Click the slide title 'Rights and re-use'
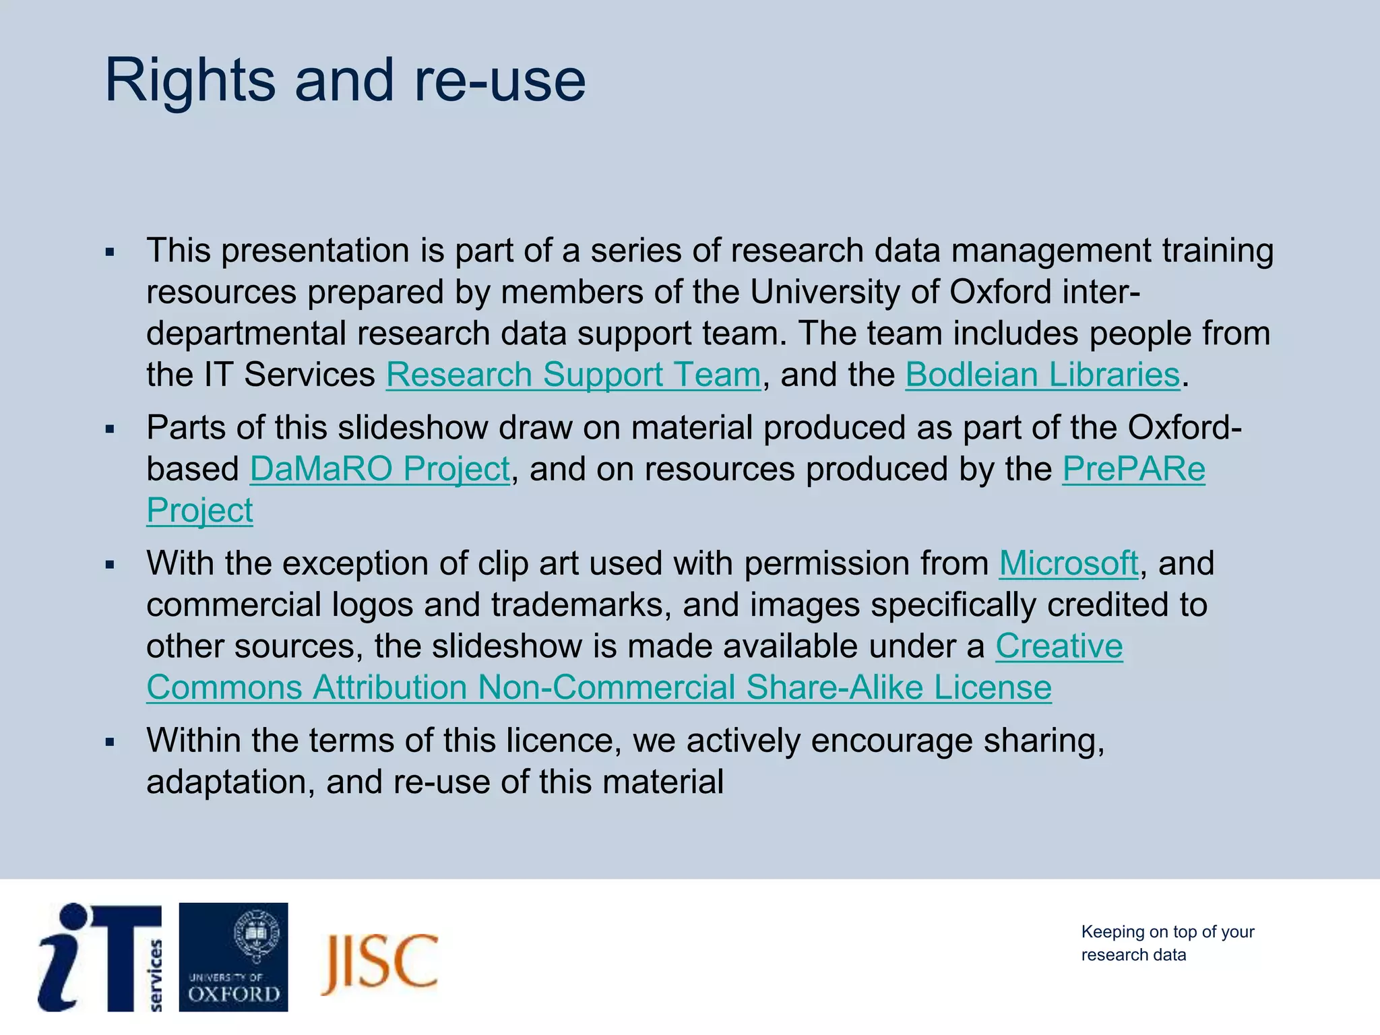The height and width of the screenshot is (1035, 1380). click(x=345, y=81)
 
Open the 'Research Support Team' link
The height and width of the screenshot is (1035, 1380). click(x=573, y=375)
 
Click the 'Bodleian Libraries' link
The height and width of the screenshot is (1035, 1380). click(x=1042, y=375)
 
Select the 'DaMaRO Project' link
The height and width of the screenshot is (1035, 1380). click(x=380, y=469)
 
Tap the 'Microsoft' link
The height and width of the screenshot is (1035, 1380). click(x=1068, y=563)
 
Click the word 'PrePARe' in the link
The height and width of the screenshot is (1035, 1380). click(x=1133, y=469)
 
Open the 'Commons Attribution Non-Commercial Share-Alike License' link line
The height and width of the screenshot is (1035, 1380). click(x=598, y=687)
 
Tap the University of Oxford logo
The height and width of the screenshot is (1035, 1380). click(x=233, y=957)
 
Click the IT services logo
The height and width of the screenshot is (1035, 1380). click(x=100, y=957)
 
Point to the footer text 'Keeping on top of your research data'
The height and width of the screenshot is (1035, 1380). click(x=1167, y=943)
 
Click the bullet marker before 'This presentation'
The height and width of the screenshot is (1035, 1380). click(x=110, y=253)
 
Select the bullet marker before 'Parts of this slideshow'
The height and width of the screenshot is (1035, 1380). click(x=110, y=429)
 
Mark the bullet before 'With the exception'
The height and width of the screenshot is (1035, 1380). click(x=110, y=565)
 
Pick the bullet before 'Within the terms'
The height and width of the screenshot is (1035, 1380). click(x=110, y=742)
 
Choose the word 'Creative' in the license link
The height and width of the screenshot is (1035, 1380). click(x=1059, y=646)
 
